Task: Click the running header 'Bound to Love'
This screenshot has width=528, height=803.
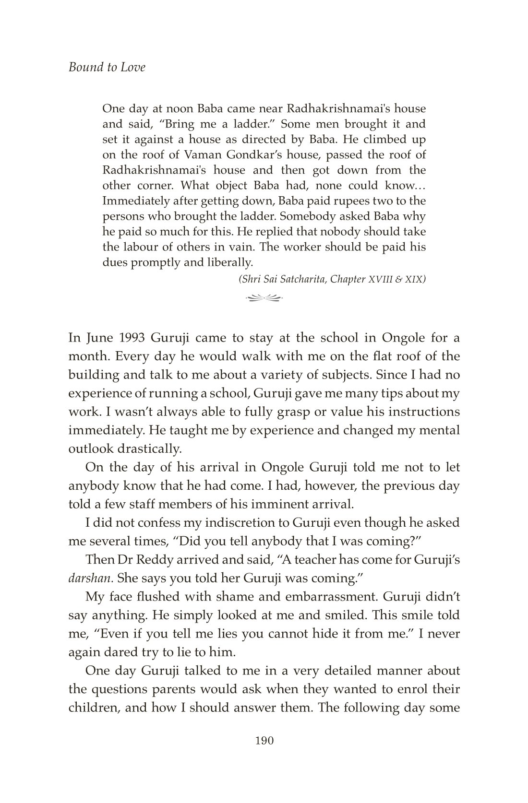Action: (x=107, y=67)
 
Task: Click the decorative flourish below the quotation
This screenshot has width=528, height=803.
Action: (x=264, y=298)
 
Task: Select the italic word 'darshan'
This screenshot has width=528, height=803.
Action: (x=90, y=578)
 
